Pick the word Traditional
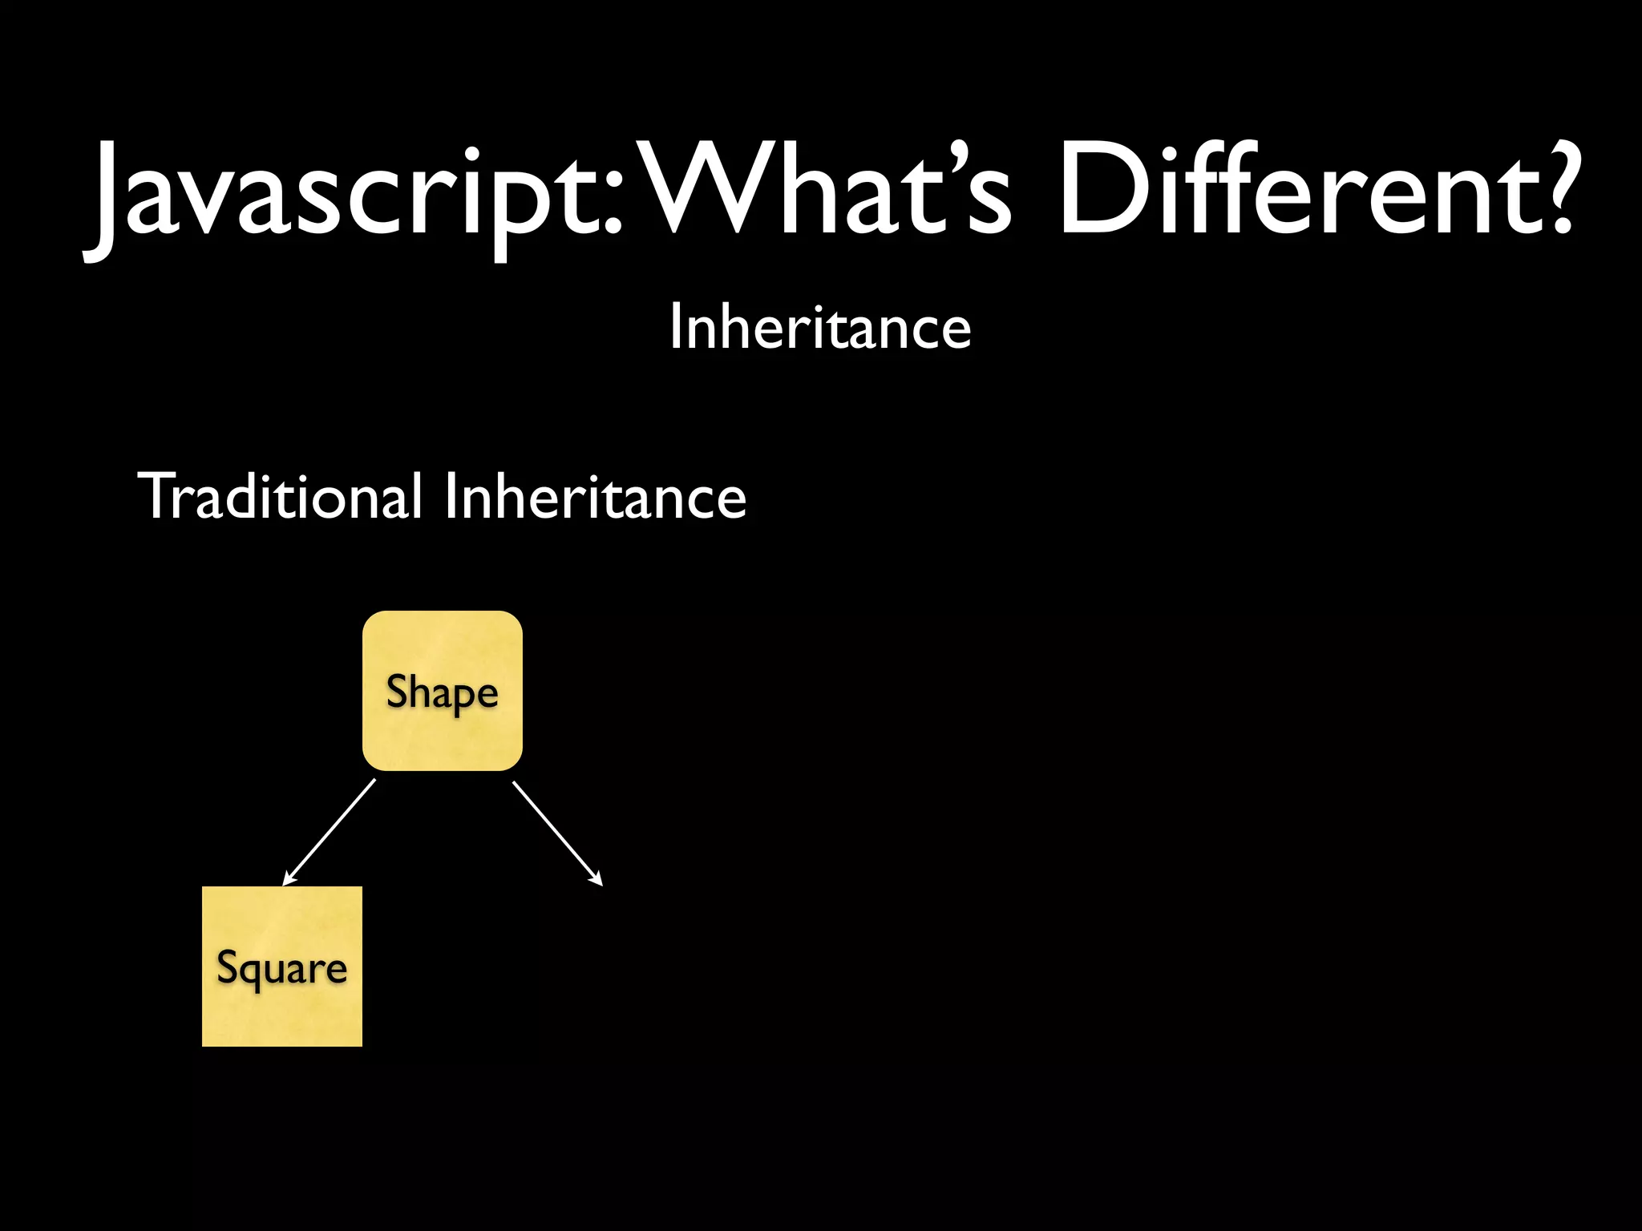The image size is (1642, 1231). point(281,496)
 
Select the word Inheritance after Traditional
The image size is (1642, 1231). point(595,496)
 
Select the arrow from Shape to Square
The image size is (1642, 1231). point(330,831)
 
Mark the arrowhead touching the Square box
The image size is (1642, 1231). point(289,879)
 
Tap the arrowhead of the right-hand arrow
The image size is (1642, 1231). point(597,880)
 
